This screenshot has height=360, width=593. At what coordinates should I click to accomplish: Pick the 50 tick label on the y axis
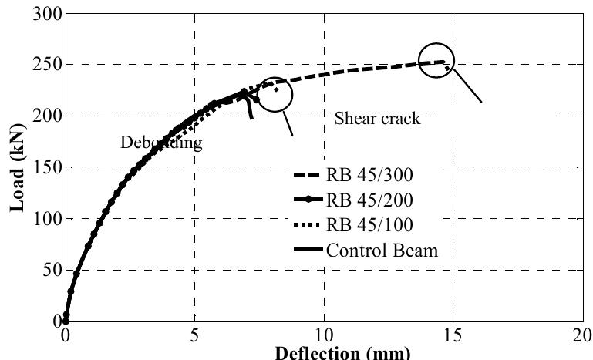click(52, 270)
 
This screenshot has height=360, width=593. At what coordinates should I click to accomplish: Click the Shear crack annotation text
click(377, 119)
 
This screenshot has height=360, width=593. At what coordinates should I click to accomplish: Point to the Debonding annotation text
click(161, 143)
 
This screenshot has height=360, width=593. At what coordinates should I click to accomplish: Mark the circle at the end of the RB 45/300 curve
click(436, 60)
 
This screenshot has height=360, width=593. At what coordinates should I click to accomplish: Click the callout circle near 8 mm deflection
click(275, 95)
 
